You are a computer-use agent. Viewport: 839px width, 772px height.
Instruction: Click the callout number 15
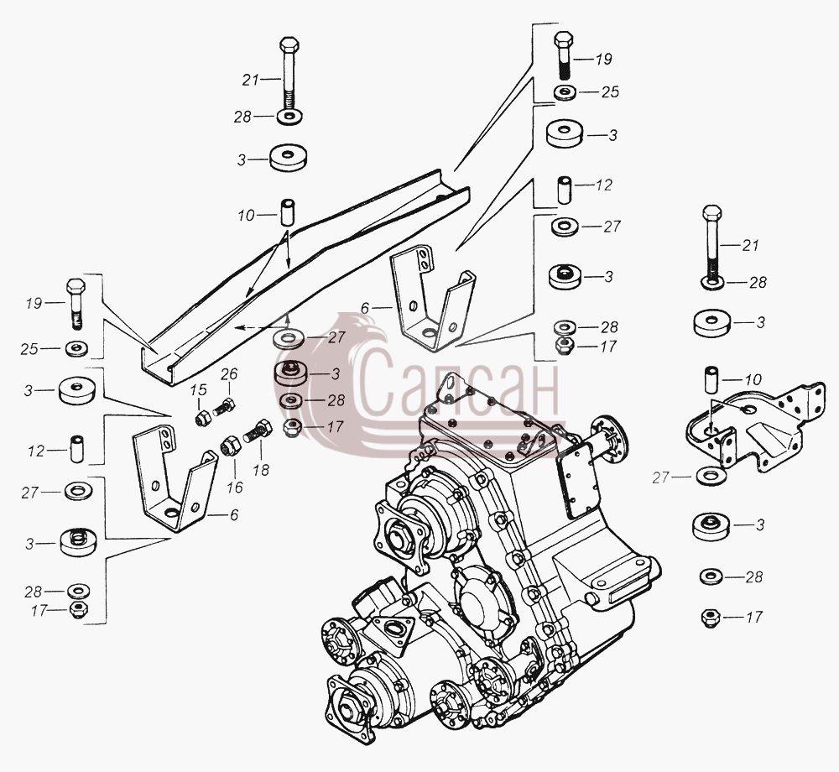[x=198, y=389]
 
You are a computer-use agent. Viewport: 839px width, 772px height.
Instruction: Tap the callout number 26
[x=229, y=373]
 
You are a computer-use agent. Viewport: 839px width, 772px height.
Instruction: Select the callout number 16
[x=234, y=487]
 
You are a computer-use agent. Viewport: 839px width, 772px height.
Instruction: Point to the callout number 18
[x=261, y=470]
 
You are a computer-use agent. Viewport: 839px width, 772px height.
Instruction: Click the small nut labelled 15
[x=202, y=418]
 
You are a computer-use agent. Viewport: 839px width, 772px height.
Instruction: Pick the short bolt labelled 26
[x=224, y=407]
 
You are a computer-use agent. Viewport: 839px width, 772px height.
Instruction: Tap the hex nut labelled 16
[x=230, y=446]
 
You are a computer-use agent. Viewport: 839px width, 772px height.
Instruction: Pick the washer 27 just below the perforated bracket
[x=711, y=475]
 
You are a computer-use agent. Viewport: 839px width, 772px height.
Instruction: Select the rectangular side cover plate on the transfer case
[x=577, y=482]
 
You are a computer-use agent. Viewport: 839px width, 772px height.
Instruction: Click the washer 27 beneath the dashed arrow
[x=289, y=338]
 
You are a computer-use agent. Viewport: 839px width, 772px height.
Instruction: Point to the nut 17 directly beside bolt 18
[x=292, y=427]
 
